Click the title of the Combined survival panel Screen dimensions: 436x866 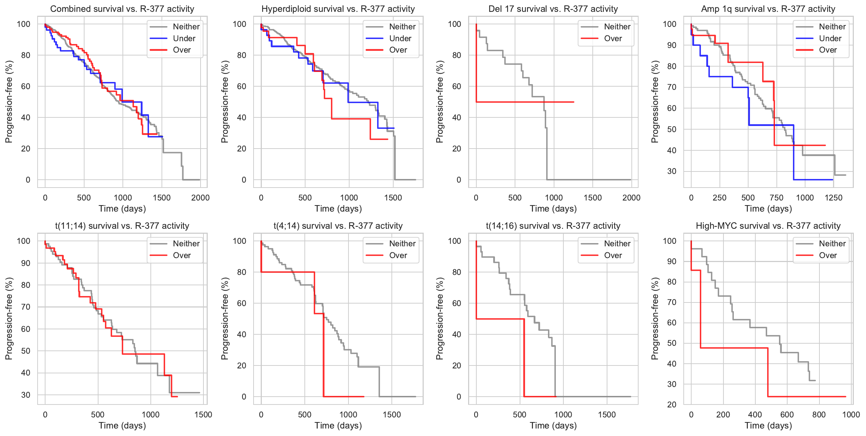tap(122, 9)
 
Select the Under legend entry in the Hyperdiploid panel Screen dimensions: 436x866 tap(400, 38)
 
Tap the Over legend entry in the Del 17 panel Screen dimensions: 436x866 tap(613, 38)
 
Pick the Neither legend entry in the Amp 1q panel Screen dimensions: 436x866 tap(832, 26)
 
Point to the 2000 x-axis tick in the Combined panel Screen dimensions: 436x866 tap(200, 198)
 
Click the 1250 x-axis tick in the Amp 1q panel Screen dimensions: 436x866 tap(833, 198)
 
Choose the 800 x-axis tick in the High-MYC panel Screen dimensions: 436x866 tap(819, 415)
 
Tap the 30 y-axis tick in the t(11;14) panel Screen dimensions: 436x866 tap(26, 395)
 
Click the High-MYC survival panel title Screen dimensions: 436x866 tap(768, 226)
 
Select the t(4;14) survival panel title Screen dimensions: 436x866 tap(338, 226)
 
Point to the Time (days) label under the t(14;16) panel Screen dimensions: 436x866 tap(553, 426)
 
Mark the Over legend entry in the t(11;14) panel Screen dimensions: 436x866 tap(182, 255)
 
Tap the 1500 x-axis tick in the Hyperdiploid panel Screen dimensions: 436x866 tap(393, 198)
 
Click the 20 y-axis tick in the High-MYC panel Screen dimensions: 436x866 tap(672, 404)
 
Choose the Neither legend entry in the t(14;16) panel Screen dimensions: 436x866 tap(617, 243)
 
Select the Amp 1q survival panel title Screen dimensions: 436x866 tap(768, 9)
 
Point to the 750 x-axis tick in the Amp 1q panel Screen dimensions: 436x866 tap(776, 198)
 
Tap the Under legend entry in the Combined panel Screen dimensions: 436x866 tap(184, 38)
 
